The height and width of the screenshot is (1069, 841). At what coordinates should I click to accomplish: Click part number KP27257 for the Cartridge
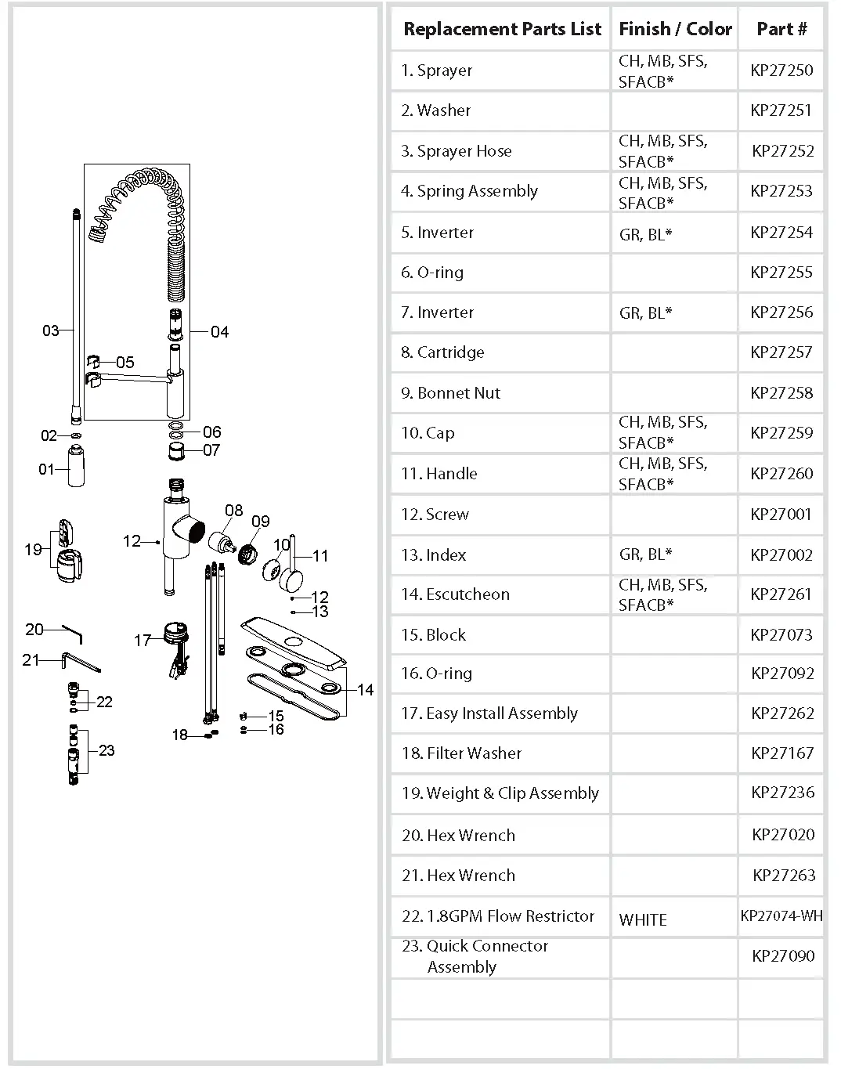coord(781,352)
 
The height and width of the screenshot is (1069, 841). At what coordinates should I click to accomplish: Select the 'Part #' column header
coord(781,29)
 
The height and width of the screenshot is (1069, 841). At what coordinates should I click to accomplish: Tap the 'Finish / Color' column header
coord(674,29)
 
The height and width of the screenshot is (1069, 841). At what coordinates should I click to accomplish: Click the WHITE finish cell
coord(643,920)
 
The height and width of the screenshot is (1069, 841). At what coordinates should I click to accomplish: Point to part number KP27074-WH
coord(781,916)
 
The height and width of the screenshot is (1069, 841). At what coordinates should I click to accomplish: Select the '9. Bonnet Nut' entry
coord(450,393)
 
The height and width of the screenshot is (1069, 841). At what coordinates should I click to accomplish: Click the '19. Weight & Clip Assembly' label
coord(500,793)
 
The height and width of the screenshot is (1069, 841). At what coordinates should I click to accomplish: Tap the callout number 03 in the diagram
coord(50,330)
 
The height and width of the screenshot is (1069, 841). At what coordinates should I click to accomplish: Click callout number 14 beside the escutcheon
coord(365,690)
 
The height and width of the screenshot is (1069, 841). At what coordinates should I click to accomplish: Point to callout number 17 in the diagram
coord(142,641)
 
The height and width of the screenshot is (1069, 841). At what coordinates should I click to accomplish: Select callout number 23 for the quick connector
coord(106,750)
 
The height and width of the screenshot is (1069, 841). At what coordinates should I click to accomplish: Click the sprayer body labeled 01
coord(76,466)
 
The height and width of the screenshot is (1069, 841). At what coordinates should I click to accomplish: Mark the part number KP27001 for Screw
coord(781,515)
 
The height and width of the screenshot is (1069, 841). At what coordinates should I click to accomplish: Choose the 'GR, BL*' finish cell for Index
coord(645,554)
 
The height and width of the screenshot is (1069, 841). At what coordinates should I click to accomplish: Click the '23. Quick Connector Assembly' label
coord(475,956)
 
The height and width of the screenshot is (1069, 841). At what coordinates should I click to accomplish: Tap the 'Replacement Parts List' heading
coord(502,29)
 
